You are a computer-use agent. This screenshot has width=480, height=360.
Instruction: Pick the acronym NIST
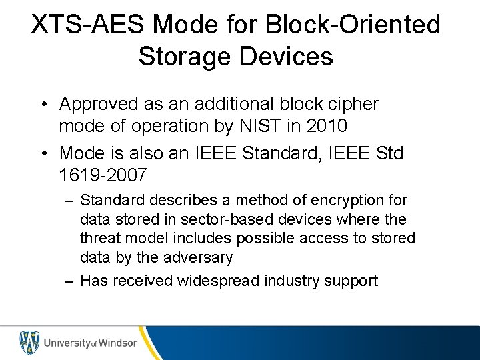[252, 125]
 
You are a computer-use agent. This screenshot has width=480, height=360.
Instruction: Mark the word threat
[99, 238]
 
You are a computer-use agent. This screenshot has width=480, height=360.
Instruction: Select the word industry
[297, 281]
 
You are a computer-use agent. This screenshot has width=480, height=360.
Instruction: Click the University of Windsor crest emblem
[28, 343]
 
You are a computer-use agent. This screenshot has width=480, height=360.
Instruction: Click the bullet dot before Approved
[42, 105]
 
